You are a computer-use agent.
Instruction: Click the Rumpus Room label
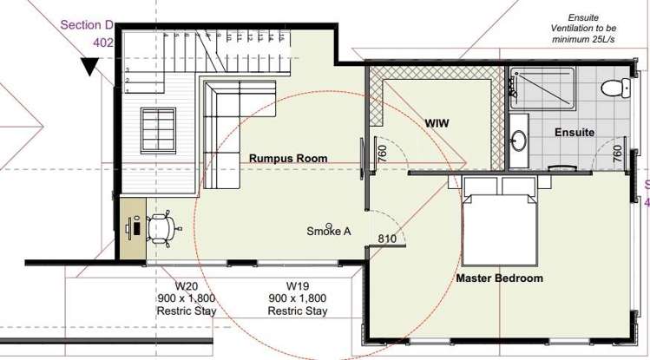pos(288,158)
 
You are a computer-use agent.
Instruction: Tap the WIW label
pos(437,123)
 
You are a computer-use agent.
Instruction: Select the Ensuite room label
pos(574,132)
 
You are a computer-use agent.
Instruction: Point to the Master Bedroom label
pos(500,278)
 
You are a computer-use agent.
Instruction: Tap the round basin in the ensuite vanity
pos(519,140)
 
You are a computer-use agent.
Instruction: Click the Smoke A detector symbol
pos(329,226)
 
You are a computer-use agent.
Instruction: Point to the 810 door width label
pos(387,239)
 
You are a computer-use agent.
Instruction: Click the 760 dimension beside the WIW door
pos(383,154)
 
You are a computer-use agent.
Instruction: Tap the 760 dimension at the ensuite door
pos(617,154)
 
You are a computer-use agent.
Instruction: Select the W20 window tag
pos(186,286)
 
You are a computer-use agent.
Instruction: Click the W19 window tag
pos(298,286)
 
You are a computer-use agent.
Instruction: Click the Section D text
pos(87,25)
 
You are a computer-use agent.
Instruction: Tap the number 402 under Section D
pos(102,43)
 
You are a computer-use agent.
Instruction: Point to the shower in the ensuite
pos(542,88)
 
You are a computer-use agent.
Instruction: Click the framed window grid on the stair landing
pos(158,130)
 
